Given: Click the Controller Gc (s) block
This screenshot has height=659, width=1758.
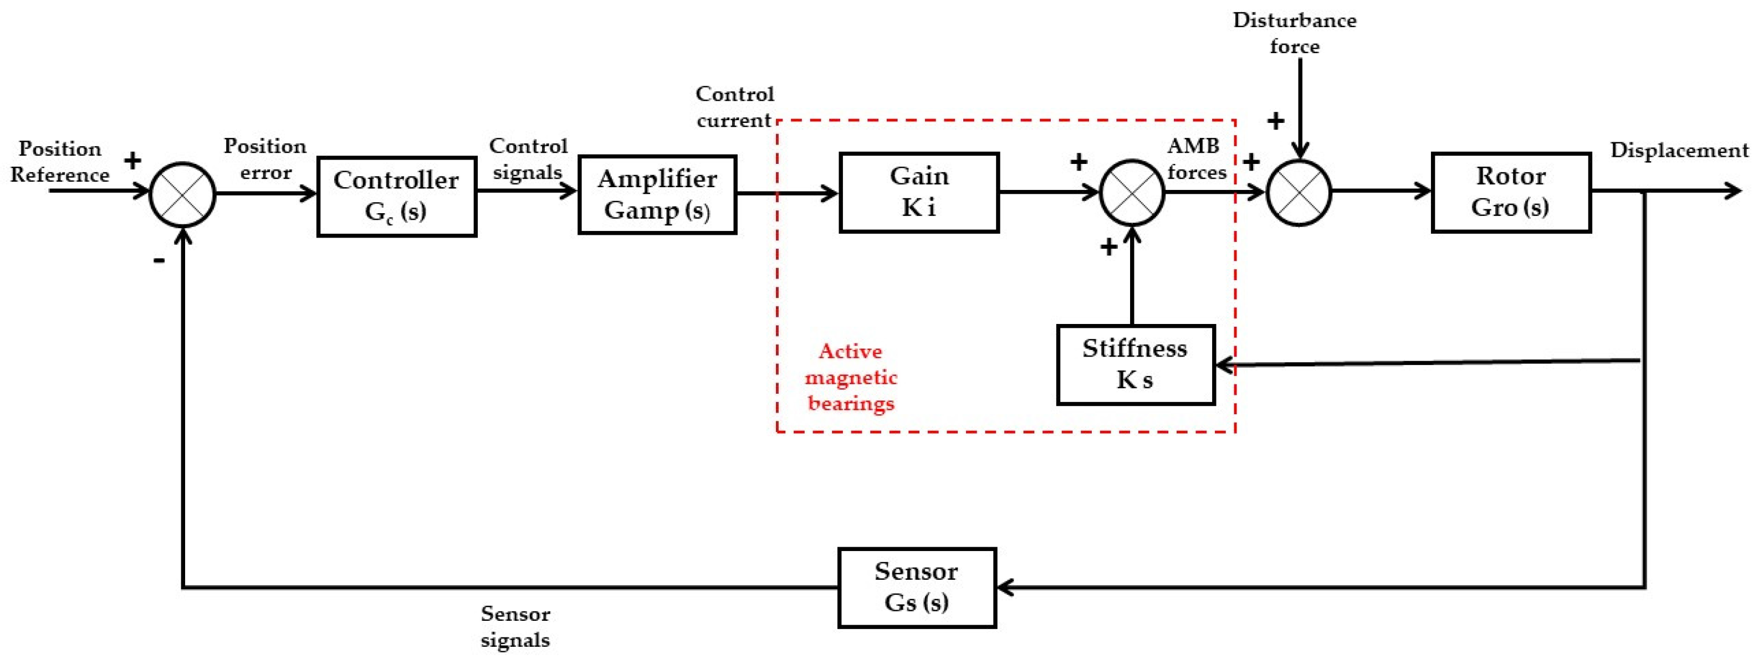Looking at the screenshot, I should [x=396, y=197].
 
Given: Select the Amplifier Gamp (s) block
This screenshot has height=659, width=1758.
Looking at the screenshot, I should [x=657, y=194].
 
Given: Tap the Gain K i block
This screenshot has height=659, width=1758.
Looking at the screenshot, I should [x=918, y=192].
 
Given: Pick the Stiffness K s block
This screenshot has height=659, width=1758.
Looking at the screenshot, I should [x=1136, y=365].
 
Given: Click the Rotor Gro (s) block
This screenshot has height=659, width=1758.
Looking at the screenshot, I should [x=1511, y=192].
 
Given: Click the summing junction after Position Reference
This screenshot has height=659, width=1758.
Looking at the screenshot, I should [x=183, y=194].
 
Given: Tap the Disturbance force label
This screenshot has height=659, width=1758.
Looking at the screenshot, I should [x=1294, y=33].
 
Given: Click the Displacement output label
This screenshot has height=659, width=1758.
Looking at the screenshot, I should [x=1679, y=151].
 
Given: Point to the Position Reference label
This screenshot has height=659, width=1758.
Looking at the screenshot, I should [x=60, y=162].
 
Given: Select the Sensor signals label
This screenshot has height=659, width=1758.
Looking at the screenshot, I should [x=515, y=627].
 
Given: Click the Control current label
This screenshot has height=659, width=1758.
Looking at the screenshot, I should [x=734, y=107].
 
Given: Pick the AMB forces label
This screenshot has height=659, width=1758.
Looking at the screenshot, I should [x=1195, y=159].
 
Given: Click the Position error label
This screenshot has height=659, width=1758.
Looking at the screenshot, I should [x=265, y=159].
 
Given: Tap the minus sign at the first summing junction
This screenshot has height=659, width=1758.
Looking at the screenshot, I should [x=159, y=260].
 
